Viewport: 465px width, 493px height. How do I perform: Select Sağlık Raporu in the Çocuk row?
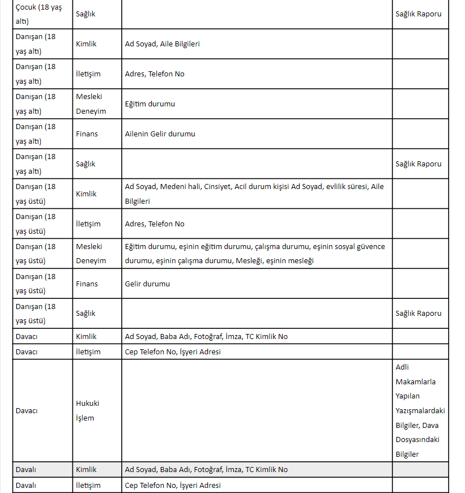[418, 14]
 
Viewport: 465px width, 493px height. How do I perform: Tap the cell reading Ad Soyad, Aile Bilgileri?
[162, 44]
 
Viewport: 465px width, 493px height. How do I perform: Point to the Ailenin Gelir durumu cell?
[160, 134]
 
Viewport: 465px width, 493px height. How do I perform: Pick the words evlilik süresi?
[347, 187]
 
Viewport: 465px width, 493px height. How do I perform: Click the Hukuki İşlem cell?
[88, 411]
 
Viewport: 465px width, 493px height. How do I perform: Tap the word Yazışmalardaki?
[420, 410]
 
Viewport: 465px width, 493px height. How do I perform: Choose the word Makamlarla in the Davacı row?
[416, 381]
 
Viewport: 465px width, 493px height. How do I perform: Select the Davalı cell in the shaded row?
[26, 470]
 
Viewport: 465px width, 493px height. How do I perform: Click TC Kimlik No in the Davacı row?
[266, 337]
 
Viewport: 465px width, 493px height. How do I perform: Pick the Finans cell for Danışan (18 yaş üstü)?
[87, 284]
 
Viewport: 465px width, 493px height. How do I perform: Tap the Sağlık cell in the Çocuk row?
[86, 14]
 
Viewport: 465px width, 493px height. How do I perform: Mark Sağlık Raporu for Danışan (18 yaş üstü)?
[418, 314]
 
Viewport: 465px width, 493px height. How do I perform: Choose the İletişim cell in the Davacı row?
[88, 352]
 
